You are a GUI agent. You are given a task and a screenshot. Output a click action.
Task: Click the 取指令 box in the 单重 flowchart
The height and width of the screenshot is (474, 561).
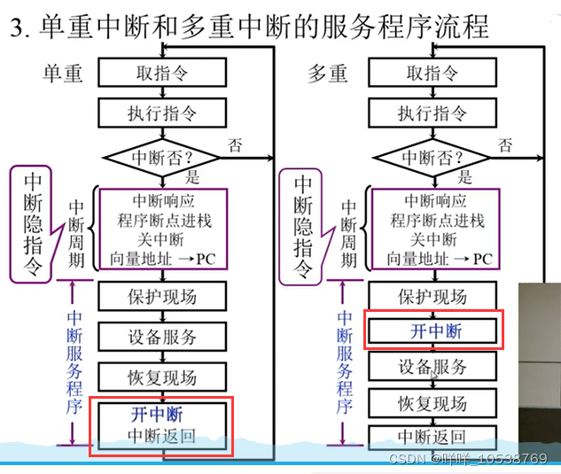(x=162, y=73)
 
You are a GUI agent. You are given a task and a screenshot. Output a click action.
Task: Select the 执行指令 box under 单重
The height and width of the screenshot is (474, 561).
(x=162, y=113)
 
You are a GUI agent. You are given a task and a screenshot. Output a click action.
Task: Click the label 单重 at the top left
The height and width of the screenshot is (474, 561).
(x=63, y=73)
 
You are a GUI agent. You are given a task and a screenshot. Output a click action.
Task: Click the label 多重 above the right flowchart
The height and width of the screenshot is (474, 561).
(x=328, y=73)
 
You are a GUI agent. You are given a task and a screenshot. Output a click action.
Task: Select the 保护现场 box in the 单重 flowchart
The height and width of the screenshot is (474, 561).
(x=161, y=297)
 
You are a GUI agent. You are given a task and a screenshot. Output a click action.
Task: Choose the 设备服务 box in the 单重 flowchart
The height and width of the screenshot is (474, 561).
(x=161, y=337)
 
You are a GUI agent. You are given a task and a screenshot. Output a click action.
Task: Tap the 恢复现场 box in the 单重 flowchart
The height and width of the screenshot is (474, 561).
(x=161, y=377)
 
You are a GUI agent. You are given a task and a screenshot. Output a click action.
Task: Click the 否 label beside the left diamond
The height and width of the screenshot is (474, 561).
(x=235, y=144)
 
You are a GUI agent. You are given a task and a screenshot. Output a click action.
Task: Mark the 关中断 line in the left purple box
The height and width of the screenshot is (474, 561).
(x=160, y=239)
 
